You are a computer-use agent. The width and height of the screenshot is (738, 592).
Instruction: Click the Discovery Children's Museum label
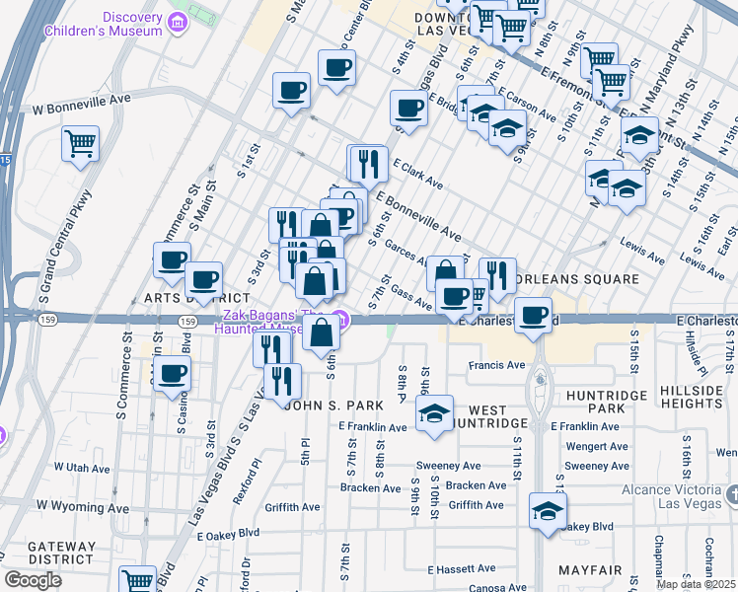(x=103, y=23)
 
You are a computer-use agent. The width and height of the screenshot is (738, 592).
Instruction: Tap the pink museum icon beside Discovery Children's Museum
(x=178, y=21)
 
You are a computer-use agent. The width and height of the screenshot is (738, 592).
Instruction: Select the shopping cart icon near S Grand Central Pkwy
(x=81, y=143)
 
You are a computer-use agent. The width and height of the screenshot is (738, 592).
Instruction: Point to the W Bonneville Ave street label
(x=83, y=100)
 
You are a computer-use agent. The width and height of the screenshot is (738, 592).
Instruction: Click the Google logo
(x=33, y=579)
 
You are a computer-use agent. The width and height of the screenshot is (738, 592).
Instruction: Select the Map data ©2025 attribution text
(x=697, y=584)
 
